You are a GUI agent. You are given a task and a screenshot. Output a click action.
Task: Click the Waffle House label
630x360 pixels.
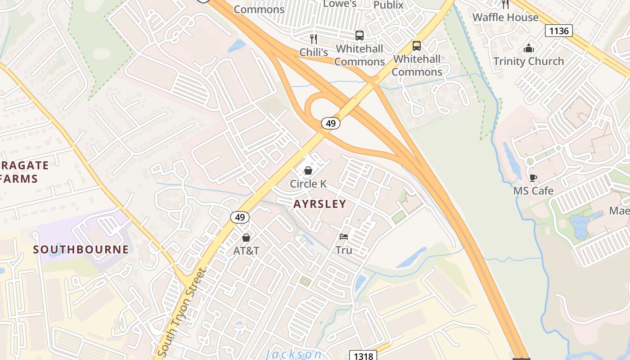[x=505, y=18]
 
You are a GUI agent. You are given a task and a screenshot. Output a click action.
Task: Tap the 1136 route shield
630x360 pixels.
[x=559, y=31]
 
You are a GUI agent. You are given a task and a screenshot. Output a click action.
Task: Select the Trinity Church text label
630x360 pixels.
[x=528, y=61]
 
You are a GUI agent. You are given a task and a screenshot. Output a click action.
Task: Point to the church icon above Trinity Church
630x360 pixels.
[x=529, y=48]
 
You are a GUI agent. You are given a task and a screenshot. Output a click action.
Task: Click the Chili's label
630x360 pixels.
[x=314, y=52]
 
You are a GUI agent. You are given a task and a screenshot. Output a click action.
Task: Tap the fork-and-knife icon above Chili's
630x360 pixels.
[x=314, y=39]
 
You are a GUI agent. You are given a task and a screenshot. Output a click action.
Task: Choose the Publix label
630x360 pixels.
[x=388, y=5]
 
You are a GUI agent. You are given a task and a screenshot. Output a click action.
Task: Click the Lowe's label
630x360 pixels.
[x=340, y=4]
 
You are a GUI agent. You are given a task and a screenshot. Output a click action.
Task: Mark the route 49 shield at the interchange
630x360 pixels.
[x=331, y=123]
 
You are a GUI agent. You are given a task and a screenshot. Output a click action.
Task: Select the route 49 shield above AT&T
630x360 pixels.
[x=240, y=217]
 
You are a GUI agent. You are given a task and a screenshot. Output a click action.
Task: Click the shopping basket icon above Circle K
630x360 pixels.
[x=308, y=171]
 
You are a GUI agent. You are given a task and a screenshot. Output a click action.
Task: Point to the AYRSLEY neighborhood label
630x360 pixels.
[x=319, y=204]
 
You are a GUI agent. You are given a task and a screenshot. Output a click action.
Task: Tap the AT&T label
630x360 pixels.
[x=246, y=251]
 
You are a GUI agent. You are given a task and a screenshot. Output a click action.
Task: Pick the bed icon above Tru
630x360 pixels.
[x=344, y=237]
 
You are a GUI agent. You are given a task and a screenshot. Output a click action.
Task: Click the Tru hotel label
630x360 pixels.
[x=344, y=250]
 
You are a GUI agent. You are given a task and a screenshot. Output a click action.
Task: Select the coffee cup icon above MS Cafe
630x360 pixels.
[x=533, y=178]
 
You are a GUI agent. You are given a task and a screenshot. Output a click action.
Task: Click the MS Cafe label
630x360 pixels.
[x=533, y=191]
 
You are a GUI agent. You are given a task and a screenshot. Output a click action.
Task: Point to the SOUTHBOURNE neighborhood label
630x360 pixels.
[x=81, y=249]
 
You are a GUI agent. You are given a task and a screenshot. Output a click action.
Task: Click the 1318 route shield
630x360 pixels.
[x=363, y=356]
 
